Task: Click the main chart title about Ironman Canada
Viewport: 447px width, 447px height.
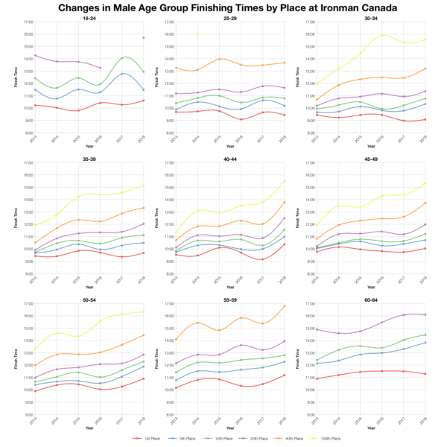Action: [223, 7]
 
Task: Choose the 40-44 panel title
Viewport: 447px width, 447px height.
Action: [229, 159]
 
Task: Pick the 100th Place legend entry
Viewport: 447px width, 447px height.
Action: [329, 439]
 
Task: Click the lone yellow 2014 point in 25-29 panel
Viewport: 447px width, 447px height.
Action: [197, 34]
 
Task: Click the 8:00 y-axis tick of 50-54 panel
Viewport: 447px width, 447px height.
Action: [27, 414]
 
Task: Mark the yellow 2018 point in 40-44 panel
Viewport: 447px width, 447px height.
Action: [285, 180]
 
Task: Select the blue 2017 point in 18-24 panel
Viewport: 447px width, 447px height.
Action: [122, 74]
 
